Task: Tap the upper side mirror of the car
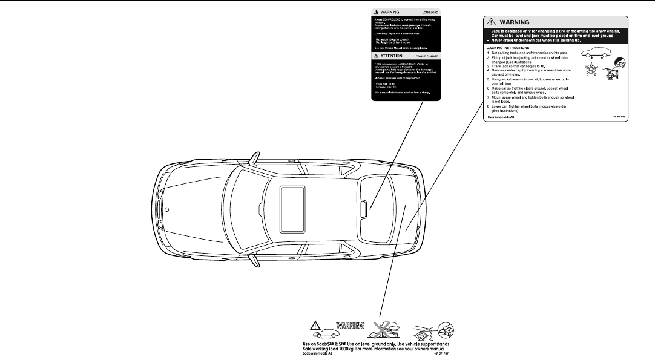click(x=257, y=159)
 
